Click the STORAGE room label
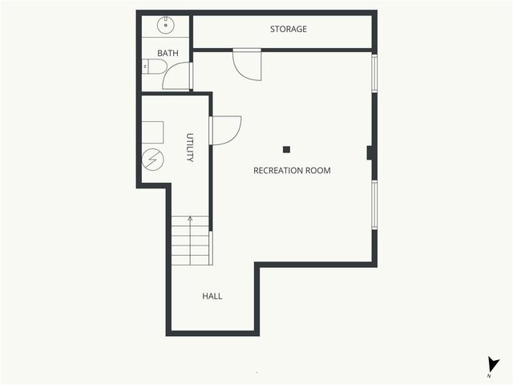point(288,30)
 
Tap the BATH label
point(168,54)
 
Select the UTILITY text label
point(190,148)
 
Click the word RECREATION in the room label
point(278,170)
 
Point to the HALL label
point(212,296)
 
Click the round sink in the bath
point(166,26)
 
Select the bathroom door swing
point(176,76)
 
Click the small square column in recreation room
point(286,148)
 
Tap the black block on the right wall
point(370,152)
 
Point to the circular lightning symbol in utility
point(153,159)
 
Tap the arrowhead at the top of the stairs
point(190,217)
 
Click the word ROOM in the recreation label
point(317,170)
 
